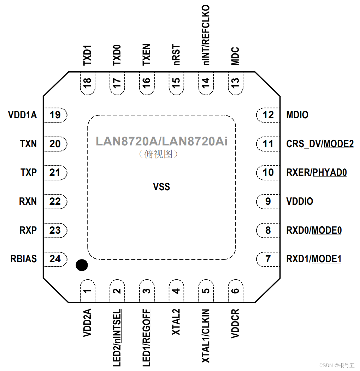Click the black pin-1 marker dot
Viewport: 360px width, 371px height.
[x=82, y=265]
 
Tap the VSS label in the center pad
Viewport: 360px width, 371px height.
[x=161, y=187]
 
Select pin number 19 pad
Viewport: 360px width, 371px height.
[x=55, y=115]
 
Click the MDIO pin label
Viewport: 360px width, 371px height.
[x=297, y=115]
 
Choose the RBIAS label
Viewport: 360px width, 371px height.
[x=24, y=259]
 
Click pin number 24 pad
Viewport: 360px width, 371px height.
[x=55, y=259]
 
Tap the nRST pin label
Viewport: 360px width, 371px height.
[x=176, y=55]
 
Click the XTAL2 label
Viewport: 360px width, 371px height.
[x=176, y=322]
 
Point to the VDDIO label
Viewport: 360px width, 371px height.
[x=300, y=201]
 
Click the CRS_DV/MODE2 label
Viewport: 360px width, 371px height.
[x=320, y=144]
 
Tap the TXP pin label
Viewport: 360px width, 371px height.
[x=29, y=173]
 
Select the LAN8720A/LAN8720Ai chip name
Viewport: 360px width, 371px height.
[x=162, y=142]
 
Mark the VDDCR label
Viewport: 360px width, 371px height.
[x=235, y=323]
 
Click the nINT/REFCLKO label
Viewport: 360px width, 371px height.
[x=206, y=35]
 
